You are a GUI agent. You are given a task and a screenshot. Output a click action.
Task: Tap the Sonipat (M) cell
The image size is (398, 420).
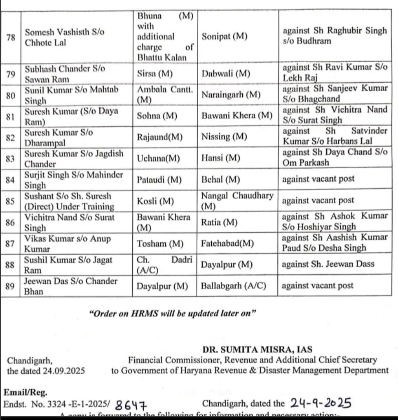click(225, 36)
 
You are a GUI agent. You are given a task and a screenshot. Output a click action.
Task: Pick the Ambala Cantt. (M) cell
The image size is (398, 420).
click(164, 95)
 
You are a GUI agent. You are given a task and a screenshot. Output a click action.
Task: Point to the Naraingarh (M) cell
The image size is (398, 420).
click(231, 95)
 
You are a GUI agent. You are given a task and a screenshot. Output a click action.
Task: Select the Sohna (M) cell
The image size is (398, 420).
click(157, 116)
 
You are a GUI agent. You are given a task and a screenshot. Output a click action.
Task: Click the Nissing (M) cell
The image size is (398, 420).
click(224, 137)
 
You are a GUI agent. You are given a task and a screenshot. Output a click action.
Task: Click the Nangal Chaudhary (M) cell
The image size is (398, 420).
click(237, 201)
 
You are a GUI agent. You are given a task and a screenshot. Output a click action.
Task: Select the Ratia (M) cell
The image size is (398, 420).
click(220, 222)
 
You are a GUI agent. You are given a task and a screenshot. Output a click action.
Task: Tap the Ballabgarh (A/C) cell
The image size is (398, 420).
click(234, 286)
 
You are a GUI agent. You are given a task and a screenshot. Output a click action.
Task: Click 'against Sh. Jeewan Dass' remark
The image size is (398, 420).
click(328, 264)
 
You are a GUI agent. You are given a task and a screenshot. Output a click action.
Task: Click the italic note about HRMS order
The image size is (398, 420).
click(173, 314)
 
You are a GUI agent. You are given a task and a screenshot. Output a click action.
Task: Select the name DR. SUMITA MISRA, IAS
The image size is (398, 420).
click(258, 350)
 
